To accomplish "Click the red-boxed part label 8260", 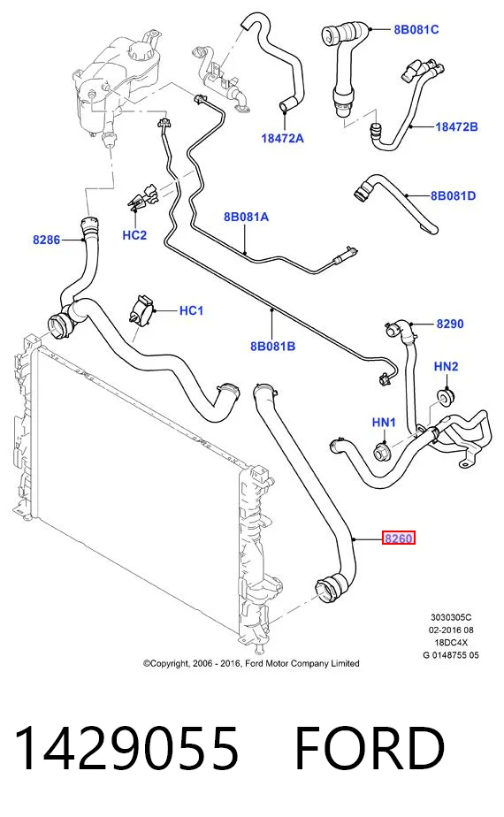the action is tap(399, 538).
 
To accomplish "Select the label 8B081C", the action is tap(416, 29).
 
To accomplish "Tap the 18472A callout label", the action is tap(282, 138).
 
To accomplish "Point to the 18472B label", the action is tap(456, 126).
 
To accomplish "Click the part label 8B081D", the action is tap(453, 196).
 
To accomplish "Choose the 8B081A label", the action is tap(246, 217).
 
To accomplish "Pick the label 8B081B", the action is tap(272, 346).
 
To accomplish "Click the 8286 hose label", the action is tap(46, 240).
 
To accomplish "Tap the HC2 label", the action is tap(134, 235).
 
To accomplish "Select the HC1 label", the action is tap(191, 310).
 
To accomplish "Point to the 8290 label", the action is tap(450, 324).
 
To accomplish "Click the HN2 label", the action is tap(446, 366).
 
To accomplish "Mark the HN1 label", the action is tap(384, 422).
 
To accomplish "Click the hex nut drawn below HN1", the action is tap(381, 453).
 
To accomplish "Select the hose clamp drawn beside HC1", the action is tap(141, 312).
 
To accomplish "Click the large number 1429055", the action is tap(126, 749).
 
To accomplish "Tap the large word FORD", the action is tap(370, 749).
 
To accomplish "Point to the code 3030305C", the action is tap(451, 617).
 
